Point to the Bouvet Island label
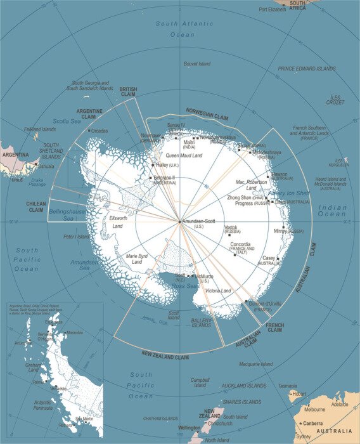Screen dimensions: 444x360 point(197,64)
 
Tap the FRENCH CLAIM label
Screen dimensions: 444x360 point(274,328)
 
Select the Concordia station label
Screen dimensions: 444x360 point(240,245)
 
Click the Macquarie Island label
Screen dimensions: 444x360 point(256,364)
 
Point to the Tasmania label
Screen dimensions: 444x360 point(287,386)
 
